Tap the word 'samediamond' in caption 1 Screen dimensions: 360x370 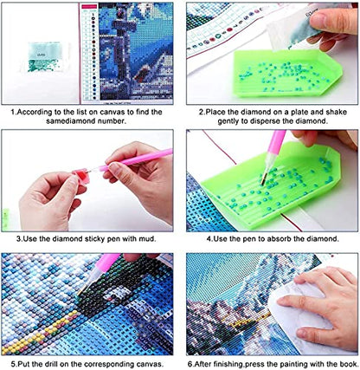coord(71,121)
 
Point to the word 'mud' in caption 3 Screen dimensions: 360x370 coord(147,239)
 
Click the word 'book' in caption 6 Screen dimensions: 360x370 coord(347,364)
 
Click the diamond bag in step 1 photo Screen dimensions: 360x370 coord(45,57)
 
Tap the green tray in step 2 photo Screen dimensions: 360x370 coord(287,72)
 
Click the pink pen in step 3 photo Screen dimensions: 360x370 coord(132,160)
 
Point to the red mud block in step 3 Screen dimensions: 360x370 coord(81,177)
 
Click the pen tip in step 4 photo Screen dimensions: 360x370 coord(262,183)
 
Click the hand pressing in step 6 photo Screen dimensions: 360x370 coord(318,306)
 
